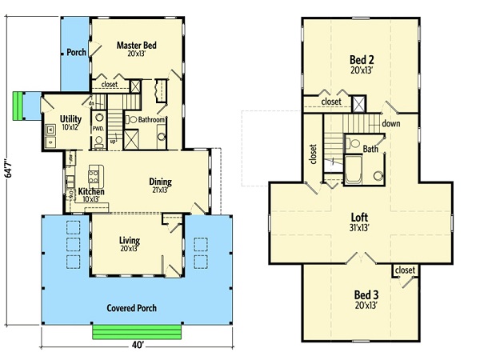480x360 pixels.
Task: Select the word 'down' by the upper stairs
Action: tap(391, 123)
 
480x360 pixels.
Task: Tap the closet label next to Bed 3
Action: tap(405, 270)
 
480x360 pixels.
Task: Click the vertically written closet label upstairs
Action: tap(313, 152)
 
